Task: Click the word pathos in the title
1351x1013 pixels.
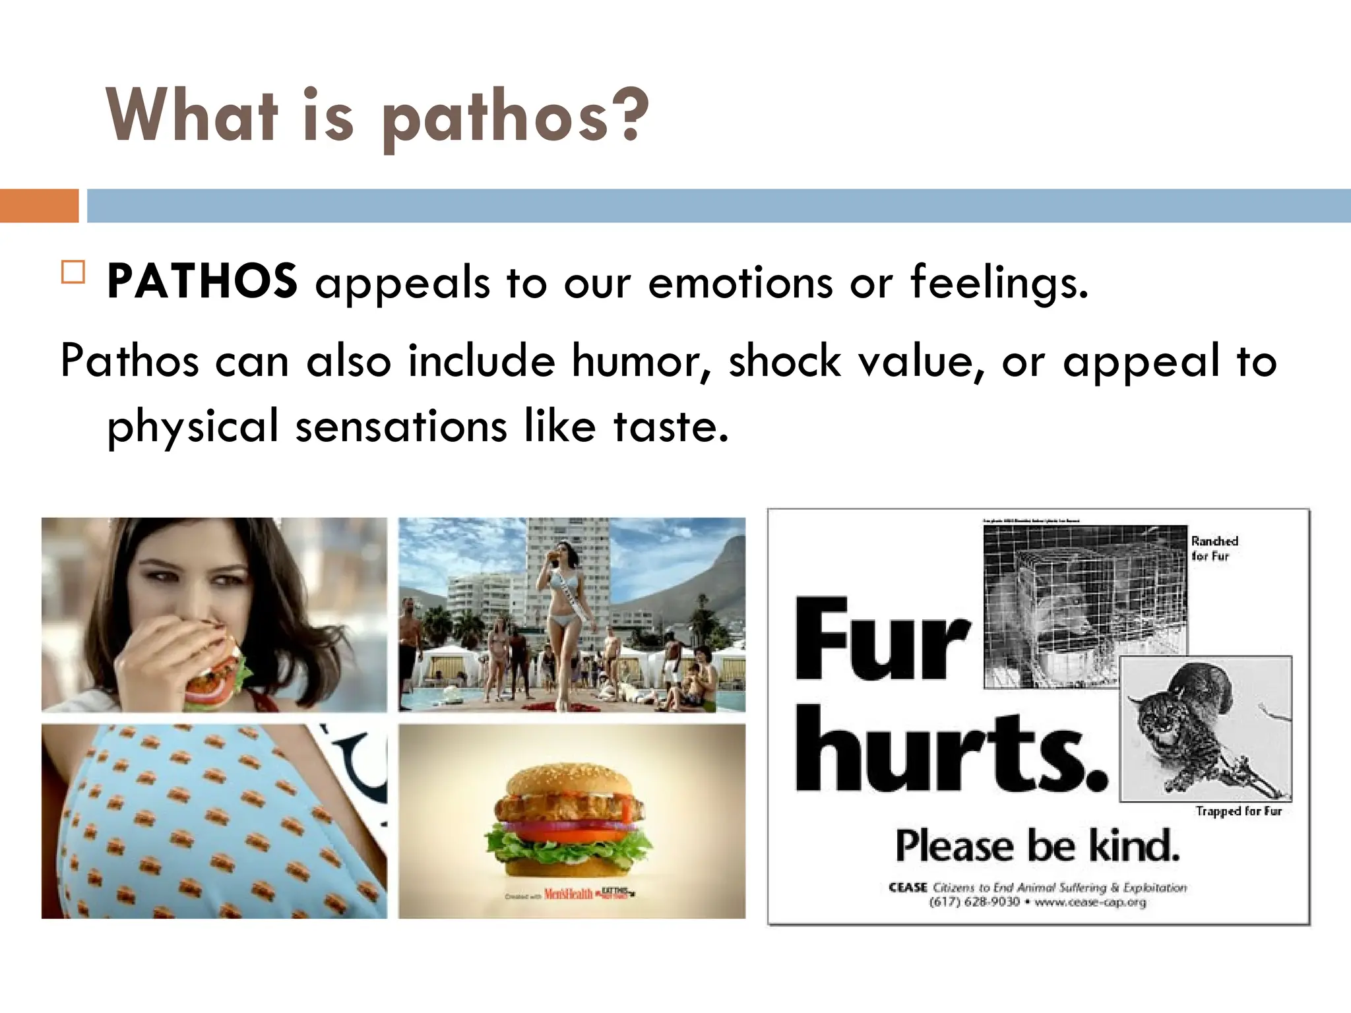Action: tap(495, 117)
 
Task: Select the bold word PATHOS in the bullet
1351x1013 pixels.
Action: tap(202, 282)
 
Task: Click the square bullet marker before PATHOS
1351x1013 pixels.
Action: tap(73, 272)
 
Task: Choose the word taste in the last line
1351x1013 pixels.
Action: tap(671, 426)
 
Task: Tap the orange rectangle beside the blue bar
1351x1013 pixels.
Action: tap(39, 206)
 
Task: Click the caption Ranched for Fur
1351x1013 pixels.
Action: tap(1214, 548)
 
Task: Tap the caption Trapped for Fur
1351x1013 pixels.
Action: tap(1238, 811)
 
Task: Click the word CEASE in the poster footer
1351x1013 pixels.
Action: tap(908, 888)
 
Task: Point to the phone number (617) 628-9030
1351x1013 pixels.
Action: tap(974, 902)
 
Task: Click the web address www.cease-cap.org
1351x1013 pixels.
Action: tap(1090, 902)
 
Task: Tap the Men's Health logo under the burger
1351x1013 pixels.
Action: tap(568, 894)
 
